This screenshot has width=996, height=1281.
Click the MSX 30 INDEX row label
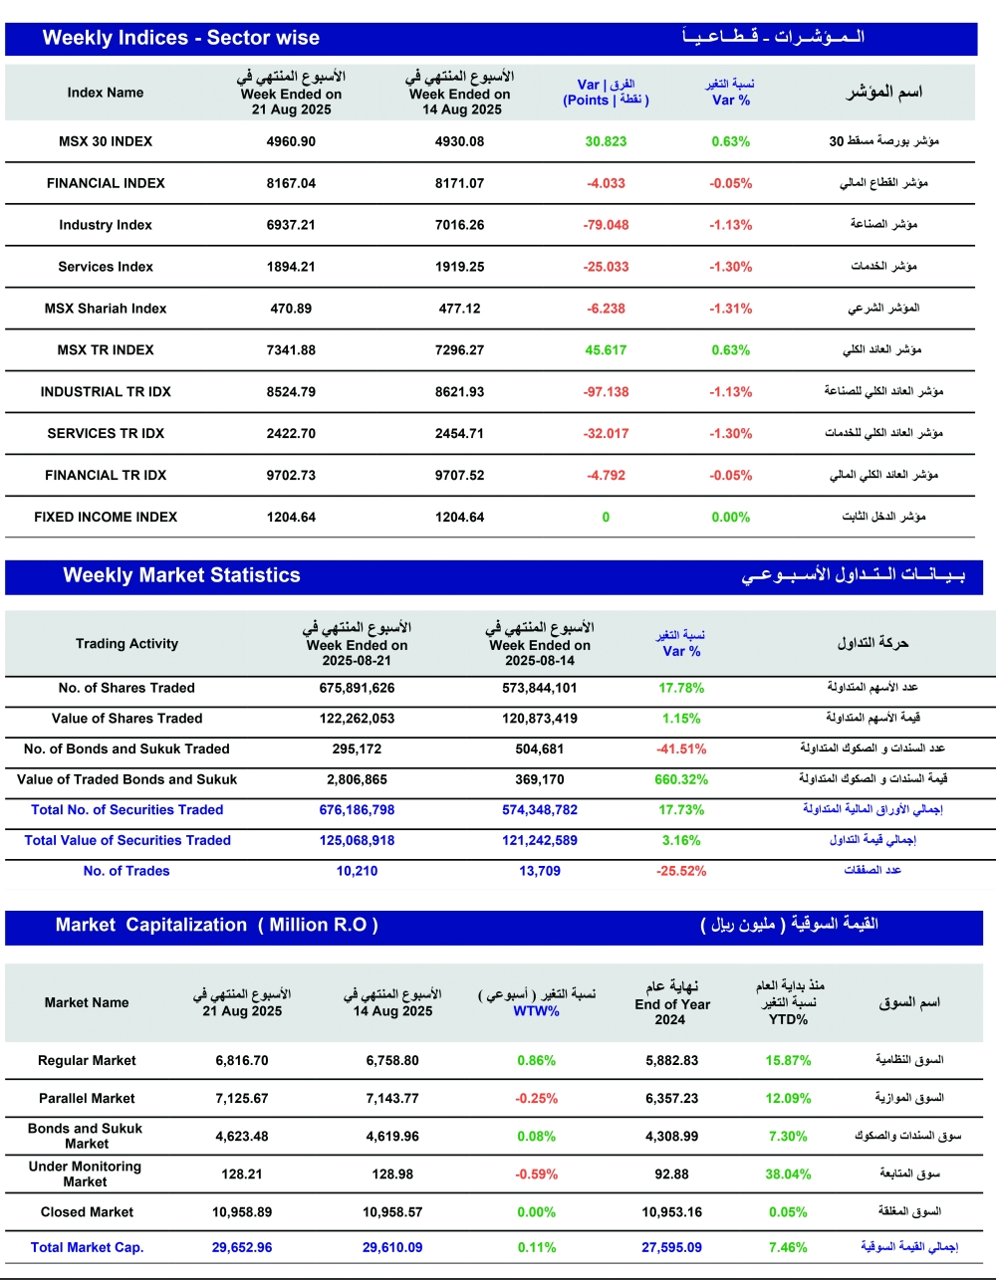tap(106, 141)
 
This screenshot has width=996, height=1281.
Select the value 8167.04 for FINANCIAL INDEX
tap(291, 183)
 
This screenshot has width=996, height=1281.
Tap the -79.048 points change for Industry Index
tap(606, 225)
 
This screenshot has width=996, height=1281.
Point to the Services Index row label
tap(106, 267)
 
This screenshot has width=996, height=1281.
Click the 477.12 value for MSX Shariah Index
tap(459, 309)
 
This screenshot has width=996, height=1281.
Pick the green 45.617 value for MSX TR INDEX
tap(606, 350)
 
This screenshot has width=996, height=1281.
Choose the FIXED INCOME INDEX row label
tap(106, 518)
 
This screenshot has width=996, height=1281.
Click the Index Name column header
tap(106, 93)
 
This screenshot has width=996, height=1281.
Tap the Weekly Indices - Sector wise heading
tap(181, 39)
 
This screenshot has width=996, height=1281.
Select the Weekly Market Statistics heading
tap(181, 575)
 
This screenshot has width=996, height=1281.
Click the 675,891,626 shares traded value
tap(357, 688)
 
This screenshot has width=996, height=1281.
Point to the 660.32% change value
tap(681, 779)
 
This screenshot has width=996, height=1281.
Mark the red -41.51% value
tap(681, 749)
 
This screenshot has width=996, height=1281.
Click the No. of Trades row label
tap(126, 871)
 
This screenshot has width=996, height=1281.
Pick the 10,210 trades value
tap(357, 871)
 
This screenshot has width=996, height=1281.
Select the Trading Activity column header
tap(126, 644)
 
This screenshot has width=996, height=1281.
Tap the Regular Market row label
tap(87, 1061)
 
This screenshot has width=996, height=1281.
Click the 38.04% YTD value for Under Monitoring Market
tap(788, 1174)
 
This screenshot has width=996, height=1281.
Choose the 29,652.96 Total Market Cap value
tap(242, 1247)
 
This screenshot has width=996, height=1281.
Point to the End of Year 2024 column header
tap(672, 1004)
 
